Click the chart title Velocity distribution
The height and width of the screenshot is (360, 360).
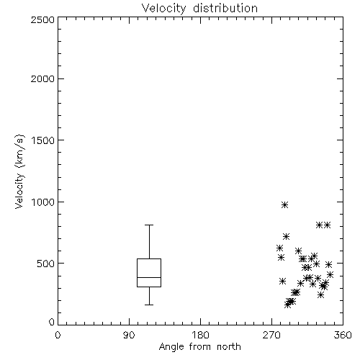199,9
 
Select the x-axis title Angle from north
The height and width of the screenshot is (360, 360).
199,346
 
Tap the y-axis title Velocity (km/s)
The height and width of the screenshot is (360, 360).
19,171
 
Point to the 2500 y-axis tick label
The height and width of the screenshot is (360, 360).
42,19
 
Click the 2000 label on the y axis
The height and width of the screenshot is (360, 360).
42,78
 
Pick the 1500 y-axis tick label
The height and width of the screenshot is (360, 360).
43,140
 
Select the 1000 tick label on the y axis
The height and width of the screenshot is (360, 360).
43,202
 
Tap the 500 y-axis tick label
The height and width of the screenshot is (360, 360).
46,264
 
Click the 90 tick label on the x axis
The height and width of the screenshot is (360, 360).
129,335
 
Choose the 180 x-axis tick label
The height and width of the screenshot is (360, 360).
200,335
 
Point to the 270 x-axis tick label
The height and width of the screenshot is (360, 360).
271,335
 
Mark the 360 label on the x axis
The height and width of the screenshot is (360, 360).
343,335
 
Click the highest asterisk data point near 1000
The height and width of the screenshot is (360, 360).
284,205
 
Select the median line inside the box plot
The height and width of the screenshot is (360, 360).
149,277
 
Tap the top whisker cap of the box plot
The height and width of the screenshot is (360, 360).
149,225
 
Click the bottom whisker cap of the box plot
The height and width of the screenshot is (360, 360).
149,305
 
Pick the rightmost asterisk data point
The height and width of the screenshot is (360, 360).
330,274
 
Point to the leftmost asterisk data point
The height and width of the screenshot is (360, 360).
279,248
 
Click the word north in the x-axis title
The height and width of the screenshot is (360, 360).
229,346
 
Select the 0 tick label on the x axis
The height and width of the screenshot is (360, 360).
58,335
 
